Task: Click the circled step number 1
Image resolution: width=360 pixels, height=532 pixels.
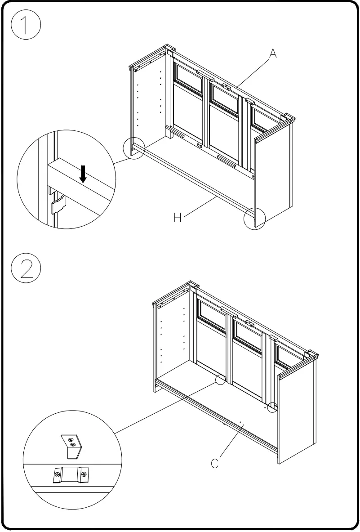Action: [26, 26]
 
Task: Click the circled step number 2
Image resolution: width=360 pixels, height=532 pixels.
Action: [26, 268]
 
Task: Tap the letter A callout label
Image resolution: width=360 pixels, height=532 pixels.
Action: [273, 54]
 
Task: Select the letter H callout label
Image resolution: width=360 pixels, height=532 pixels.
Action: [178, 218]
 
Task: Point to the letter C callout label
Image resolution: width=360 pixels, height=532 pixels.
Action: [215, 463]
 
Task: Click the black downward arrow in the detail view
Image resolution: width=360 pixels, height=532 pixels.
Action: [83, 174]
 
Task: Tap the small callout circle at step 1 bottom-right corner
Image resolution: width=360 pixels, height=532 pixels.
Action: [255, 219]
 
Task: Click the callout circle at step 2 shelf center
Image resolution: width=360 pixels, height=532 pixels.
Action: [220, 380]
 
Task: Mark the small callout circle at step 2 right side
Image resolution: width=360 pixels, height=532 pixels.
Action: [272, 407]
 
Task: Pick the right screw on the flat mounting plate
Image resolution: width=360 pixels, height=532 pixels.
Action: [84, 474]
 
